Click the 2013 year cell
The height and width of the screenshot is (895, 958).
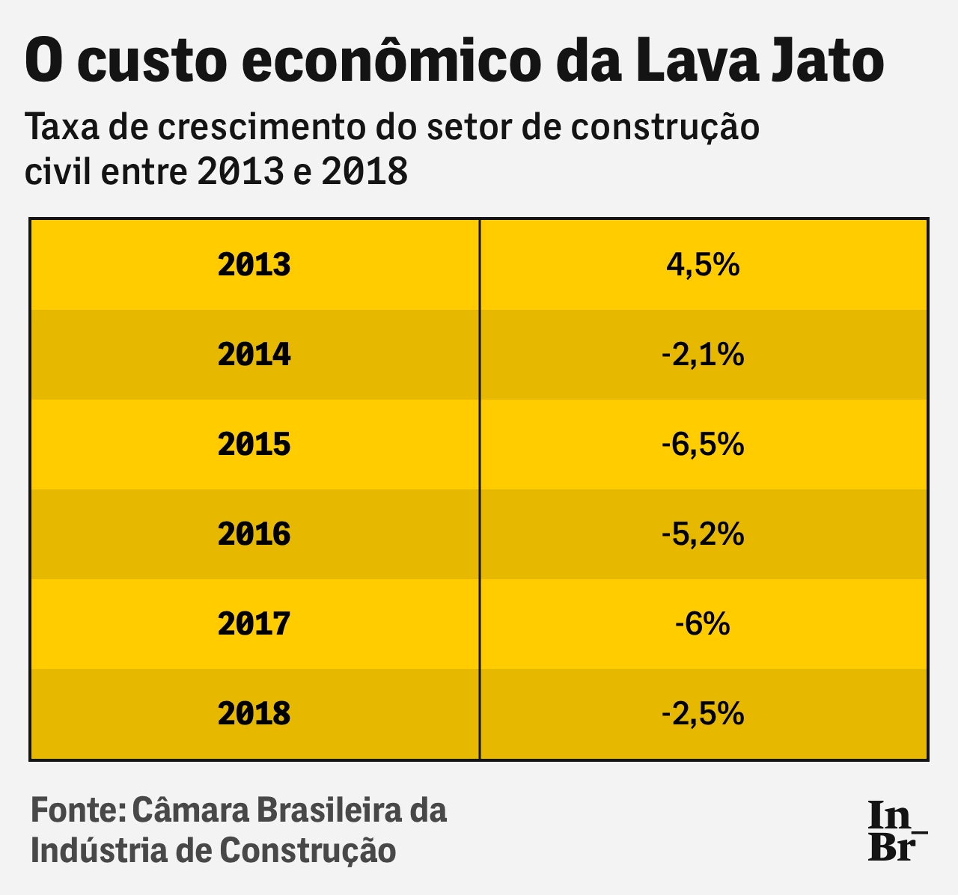pos(254,265)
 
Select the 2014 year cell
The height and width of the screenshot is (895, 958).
pos(254,355)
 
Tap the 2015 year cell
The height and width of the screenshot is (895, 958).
pos(254,445)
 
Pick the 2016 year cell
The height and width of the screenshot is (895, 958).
pos(254,534)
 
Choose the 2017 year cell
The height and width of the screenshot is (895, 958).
pos(254,624)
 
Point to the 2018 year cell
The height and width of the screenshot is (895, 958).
pos(254,714)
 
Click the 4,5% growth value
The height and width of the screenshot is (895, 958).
pos(703,265)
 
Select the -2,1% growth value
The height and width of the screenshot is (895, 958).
pos(703,355)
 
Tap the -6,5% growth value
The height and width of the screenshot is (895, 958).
pos(703,445)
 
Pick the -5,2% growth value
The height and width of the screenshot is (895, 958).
pos(703,534)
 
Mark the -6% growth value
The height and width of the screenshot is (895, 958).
pos(703,624)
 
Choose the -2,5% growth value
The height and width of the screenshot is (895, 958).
pos(703,714)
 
